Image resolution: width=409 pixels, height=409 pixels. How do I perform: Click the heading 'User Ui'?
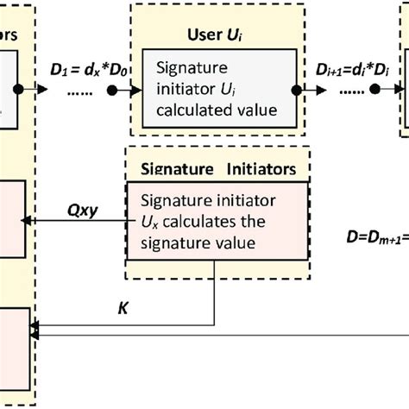(x=210, y=35)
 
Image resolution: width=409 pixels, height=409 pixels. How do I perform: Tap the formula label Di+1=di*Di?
(x=346, y=69)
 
